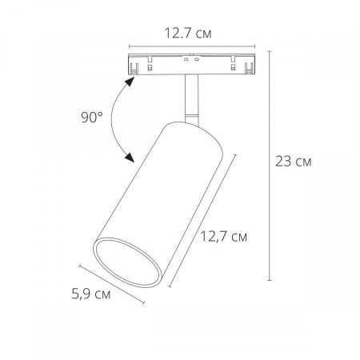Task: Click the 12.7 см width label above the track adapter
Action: click(188, 33)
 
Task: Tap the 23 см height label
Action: click(294, 162)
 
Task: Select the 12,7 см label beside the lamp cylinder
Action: click(224, 237)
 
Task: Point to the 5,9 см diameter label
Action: click(91, 294)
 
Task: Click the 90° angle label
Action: click(92, 117)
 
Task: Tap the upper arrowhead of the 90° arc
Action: click(130, 82)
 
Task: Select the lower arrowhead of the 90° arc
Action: click(130, 158)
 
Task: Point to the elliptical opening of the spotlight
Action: click(128, 262)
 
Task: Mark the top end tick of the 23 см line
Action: click(270, 51)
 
